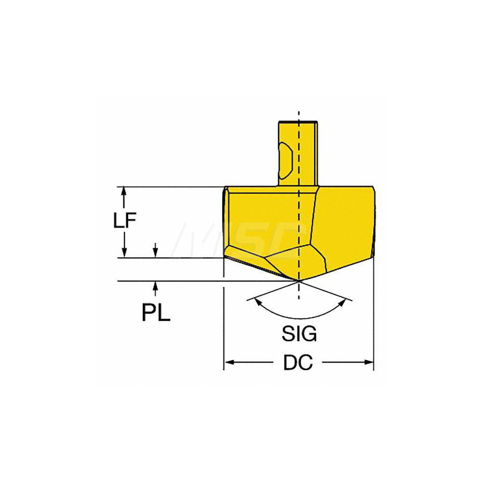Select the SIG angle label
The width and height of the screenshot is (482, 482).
(x=299, y=334)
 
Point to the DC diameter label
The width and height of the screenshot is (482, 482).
(x=298, y=363)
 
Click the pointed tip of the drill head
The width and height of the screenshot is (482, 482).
(x=299, y=280)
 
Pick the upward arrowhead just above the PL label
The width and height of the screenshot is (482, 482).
(x=155, y=286)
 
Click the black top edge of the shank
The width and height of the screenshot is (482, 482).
(x=299, y=121)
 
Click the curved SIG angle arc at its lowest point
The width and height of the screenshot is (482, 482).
(x=299, y=318)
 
